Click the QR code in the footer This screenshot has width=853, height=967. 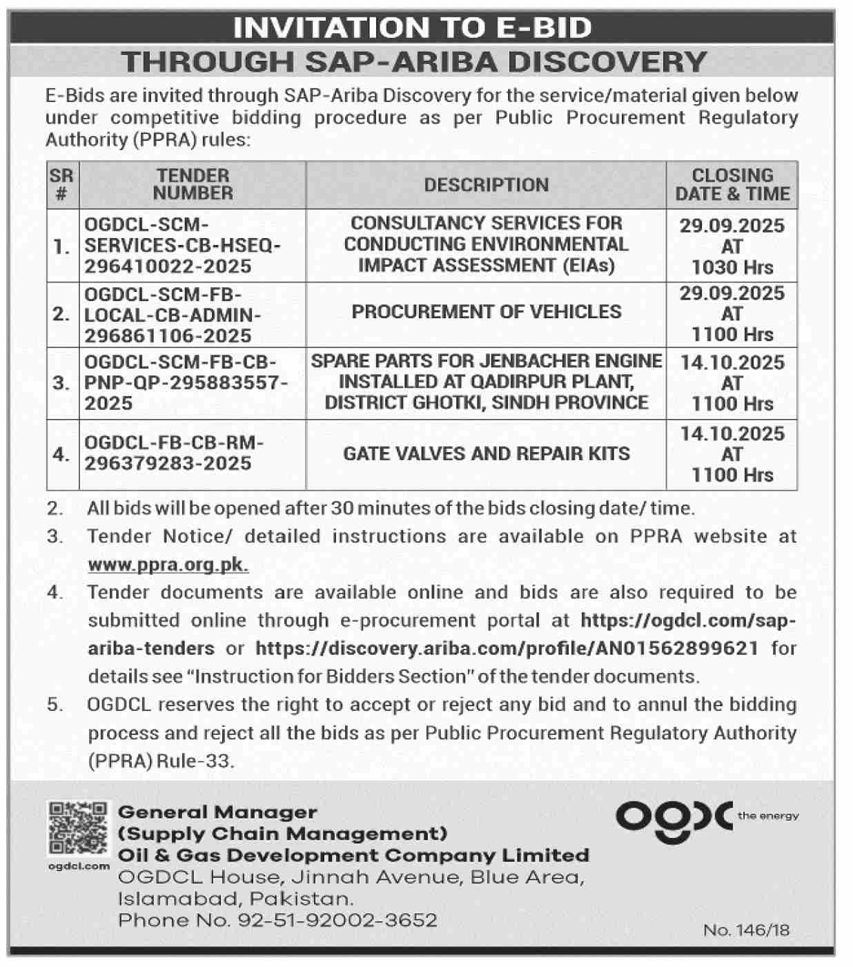[x=78, y=828]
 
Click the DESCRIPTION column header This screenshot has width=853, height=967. [x=486, y=185]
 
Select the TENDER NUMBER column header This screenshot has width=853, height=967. [x=193, y=184]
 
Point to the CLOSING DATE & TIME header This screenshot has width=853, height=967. [x=732, y=184]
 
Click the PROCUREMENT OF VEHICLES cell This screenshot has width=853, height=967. [x=486, y=312]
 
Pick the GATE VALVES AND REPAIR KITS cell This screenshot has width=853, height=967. [x=486, y=453]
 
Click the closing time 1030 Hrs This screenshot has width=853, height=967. [x=732, y=267]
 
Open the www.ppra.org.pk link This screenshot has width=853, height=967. [x=168, y=565]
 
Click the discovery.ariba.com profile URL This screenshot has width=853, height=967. [x=507, y=648]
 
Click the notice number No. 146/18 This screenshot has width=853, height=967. [x=746, y=930]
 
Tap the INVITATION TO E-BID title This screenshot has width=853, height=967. [x=413, y=28]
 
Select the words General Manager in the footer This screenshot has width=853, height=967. [x=217, y=812]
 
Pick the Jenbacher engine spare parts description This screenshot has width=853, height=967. [x=486, y=382]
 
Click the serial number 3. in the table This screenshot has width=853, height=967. [x=62, y=382]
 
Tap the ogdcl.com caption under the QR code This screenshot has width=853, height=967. [x=79, y=866]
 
